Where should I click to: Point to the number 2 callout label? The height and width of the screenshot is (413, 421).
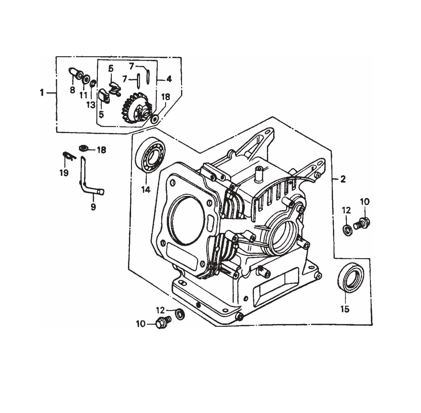tap(343, 180)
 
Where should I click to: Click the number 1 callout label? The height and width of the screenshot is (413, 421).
tap(42, 93)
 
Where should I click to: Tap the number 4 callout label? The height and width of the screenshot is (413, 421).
tap(169, 79)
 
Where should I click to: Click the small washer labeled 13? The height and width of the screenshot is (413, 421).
tap(93, 84)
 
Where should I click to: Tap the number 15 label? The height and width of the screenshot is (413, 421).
tap(345, 309)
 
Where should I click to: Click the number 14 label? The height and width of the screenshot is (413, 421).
tap(146, 190)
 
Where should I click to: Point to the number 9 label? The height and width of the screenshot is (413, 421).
tap(93, 207)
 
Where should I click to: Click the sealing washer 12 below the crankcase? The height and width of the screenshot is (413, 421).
tap(179, 314)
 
